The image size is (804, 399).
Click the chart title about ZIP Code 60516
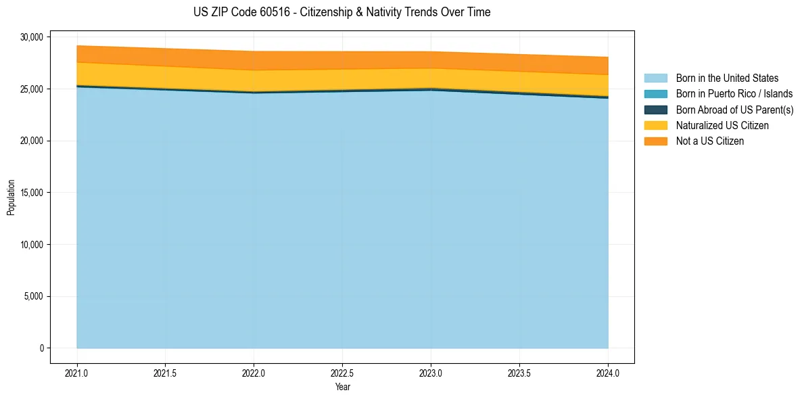tap(341, 12)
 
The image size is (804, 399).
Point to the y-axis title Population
tap(11, 197)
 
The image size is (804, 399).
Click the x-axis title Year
tap(342, 387)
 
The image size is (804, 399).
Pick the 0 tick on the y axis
tap(41, 348)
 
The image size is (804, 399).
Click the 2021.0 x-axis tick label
tap(77, 373)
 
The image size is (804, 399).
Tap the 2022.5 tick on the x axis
tap(342, 373)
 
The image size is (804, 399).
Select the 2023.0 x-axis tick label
tap(431, 373)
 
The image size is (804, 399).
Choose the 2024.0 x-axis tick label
tap(608, 373)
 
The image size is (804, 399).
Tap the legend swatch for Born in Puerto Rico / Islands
tap(655, 94)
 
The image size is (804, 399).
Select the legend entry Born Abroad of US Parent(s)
tap(734, 110)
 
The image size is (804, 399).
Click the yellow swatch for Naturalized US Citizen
tap(655, 125)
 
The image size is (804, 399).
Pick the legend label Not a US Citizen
tap(709, 141)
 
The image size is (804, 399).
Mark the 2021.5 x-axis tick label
tap(166, 373)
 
